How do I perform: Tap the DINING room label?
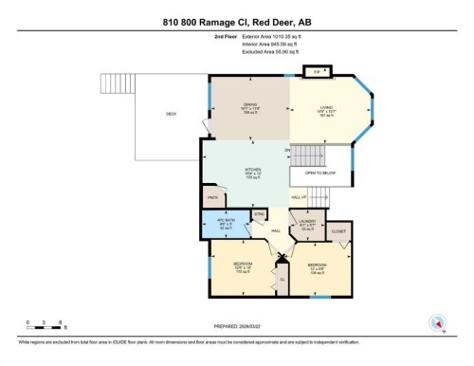[x=249, y=107]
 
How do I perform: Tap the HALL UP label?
[x=299, y=197]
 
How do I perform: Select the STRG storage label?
[x=259, y=216]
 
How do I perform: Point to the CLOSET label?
[x=338, y=230]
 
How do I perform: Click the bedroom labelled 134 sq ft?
[x=318, y=266]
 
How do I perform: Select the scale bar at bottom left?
[x=45, y=324]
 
